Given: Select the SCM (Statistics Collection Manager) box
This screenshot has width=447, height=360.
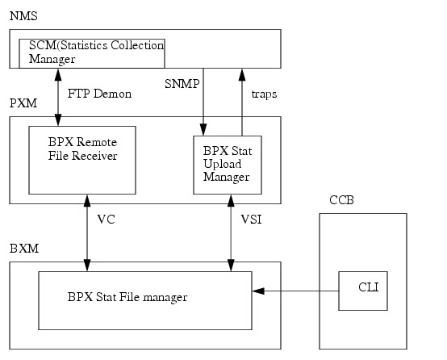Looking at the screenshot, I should pos(92,53).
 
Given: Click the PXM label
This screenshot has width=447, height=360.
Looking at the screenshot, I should pos(22,105).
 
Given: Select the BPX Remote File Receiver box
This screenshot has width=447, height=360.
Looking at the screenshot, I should pos(81,160).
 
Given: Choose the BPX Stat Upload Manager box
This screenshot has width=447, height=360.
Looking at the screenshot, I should pos(228,165).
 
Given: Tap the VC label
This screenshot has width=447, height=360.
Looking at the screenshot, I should pos(107,220).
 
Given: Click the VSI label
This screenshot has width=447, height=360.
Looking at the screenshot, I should pos(252,220).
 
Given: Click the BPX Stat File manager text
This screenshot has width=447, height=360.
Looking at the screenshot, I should pos(127,298).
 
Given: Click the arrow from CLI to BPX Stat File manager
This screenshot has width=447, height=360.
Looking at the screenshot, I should pos(295,291).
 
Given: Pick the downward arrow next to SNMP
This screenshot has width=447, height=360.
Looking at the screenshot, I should pos(203,101).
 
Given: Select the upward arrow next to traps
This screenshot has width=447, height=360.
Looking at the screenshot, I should pos(241,101).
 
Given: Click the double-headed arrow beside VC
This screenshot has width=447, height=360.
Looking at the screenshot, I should pos(86,232).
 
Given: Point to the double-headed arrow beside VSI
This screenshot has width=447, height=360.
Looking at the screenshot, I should pos(231,232).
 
